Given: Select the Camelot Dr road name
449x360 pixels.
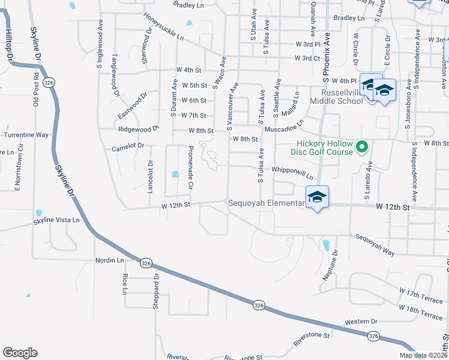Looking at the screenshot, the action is [128, 146].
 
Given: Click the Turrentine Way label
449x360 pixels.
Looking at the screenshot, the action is [26, 135].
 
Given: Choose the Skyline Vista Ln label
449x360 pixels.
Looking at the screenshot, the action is [56, 220].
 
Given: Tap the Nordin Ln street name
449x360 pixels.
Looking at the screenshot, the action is [109, 260].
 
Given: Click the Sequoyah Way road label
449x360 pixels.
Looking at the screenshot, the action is [375, 245].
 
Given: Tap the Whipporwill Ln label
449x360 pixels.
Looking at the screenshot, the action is [292, 173].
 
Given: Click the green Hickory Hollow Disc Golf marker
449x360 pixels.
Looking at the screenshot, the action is [362, 146].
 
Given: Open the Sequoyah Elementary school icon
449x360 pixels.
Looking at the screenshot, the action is [317, 197].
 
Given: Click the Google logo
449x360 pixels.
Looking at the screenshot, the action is [20, 353].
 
